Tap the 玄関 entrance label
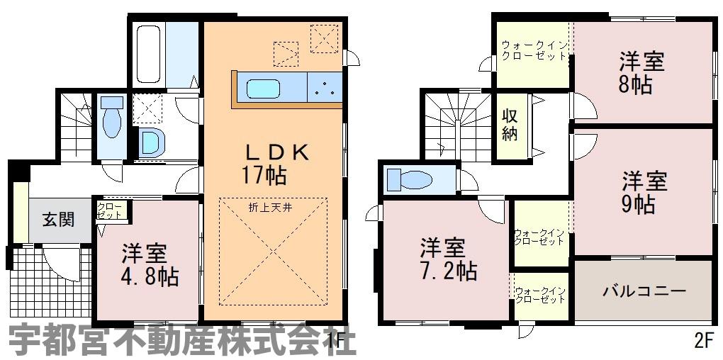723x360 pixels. tap(59, 220)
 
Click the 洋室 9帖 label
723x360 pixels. tap(644, 193)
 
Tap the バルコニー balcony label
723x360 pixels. tap(644, 291)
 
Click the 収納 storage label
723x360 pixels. tap(509, 125)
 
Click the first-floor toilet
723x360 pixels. tap(111, 117)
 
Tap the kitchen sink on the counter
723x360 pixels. tap(263, 89)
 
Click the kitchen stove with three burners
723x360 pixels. tap(325, 88)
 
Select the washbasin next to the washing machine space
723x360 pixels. tap(151, 142)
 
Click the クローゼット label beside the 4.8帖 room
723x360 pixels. tap(110, 210)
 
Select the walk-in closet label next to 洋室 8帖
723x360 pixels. tap(534, 51)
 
